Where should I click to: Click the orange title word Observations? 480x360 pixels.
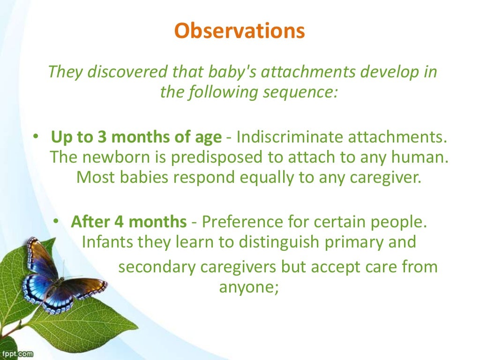(x=240, y=31)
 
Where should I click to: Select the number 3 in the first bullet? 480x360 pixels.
(x=102, y=137)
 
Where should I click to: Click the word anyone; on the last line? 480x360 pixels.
(x=249, y=287)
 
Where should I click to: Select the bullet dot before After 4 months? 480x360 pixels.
(x=56, y=221)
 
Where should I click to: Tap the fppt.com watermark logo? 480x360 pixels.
(x=16, y=354)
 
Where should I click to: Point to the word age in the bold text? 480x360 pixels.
(x=207, y=137)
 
